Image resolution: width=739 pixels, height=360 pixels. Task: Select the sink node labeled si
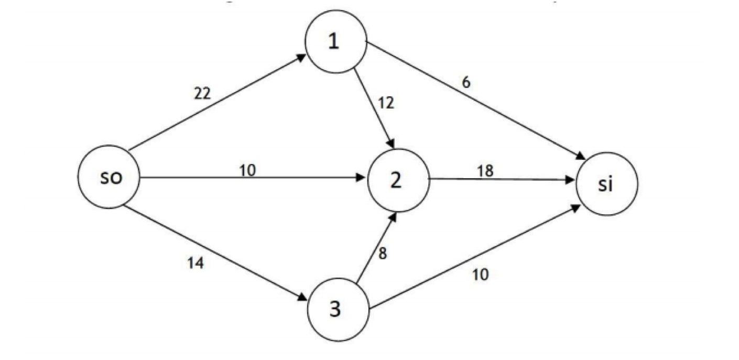click(x=607, y=184)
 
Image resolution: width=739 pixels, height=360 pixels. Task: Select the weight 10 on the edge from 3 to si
click(x=480, y=274)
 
